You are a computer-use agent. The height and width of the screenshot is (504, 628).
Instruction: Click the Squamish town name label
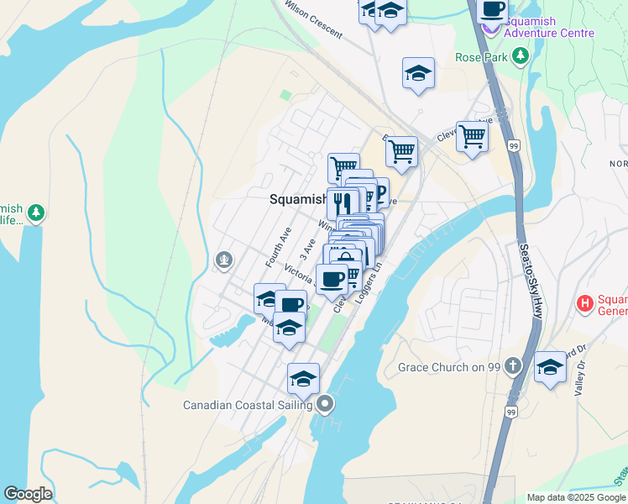point(298,199)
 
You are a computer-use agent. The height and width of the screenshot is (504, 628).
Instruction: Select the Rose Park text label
point(481,57)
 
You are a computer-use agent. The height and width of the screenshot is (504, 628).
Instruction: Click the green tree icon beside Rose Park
point(521,56)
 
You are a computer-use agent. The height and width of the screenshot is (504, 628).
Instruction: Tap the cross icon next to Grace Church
point(515,367)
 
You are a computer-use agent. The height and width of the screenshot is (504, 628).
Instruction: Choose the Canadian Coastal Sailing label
point(248,405)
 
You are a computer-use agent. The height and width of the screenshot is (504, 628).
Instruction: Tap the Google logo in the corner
point(28,494)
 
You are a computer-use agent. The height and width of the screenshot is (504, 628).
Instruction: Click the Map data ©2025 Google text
point(577,497)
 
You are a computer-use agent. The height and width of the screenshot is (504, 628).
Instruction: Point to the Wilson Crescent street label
point(313,18)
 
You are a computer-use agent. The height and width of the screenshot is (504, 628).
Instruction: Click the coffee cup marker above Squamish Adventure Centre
point(493,10)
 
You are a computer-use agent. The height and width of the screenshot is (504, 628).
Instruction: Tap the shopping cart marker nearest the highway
point(473,136)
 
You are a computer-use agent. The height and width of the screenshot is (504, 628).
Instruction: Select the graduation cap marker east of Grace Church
point(550,367)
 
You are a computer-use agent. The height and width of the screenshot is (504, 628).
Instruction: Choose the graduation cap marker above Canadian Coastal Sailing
point(303,378)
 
